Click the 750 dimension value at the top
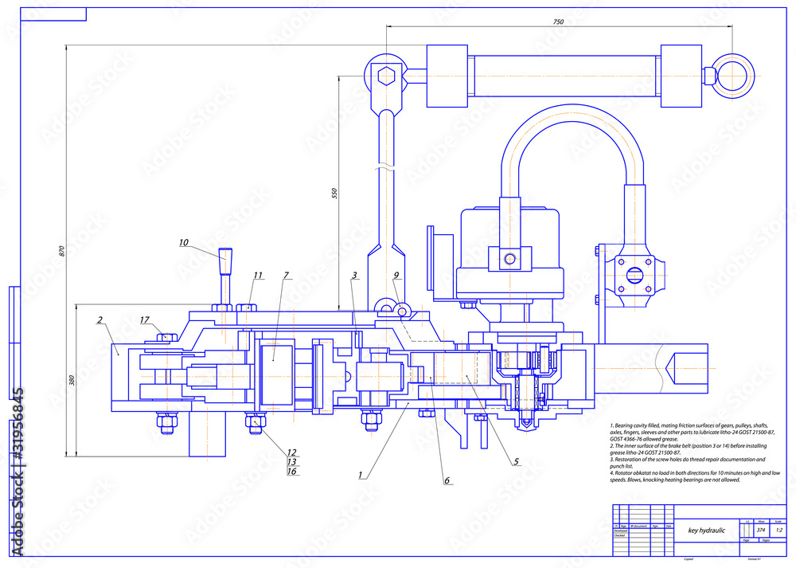click(x=558, y=22)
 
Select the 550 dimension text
click(x=334, y=193)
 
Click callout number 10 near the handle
click(x=183, y=242)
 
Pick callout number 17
click(x=145, y=320)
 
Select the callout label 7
click(x=286, y=276)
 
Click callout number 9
click(x=396, y=276)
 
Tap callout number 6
click(x=447, y=480)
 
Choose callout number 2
click(x=100, y=320)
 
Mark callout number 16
click(x=291, y=472)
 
